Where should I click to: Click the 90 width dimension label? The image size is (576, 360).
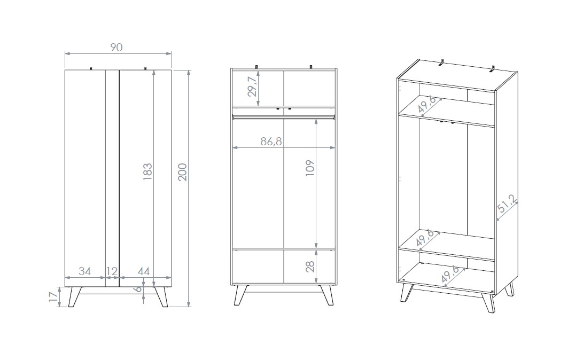tap(116, 48)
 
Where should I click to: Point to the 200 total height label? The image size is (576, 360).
tap(183, 171)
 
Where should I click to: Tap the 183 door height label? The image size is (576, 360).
tap(147, 171)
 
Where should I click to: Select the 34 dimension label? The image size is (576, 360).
tap(84, 271)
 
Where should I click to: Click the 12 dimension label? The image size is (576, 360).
tap(112, 271)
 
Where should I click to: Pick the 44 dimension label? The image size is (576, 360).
tap(144, 271)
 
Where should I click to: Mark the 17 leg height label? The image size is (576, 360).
tap(53, 296)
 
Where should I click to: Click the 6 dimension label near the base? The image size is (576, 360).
tap(138, 289)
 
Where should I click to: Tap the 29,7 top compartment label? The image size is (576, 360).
tap(252, 87)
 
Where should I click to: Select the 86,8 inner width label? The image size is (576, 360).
tap(271, 141)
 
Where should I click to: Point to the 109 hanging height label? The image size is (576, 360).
tap(310, 168)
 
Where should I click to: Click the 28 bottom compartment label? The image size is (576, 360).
tap(310, 267)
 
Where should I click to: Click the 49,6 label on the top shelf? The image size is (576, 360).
tap(427, 104)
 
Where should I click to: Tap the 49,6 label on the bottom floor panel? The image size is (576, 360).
tap(450, 274)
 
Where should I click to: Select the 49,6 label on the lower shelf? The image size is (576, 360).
tap(425, 238)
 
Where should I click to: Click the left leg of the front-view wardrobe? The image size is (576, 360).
tap(75, 297)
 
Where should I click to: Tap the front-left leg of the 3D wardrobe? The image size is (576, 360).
tap(406, 293)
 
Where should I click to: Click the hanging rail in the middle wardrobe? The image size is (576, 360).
tap(284, 117)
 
